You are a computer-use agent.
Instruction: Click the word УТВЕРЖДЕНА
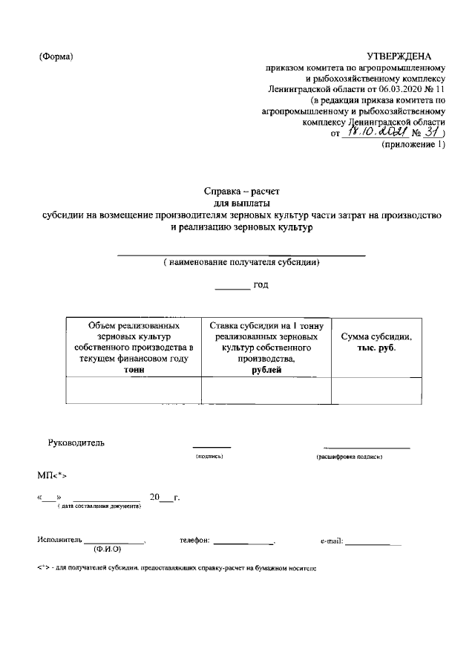[399, 57]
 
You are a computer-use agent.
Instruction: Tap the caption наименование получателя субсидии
[242, 263]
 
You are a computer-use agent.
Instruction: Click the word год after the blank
[261, 284]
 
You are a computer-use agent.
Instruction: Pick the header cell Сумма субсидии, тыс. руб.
[376, 342]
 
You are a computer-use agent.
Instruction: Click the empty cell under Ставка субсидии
[266, 390]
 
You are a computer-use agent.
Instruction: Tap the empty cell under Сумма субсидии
[376, 390]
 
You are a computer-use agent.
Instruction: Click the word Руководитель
[76, 443]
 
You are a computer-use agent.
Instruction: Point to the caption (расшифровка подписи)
[349, 457]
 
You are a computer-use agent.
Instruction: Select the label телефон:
[195, 541]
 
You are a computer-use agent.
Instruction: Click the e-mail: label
[331, 541]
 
